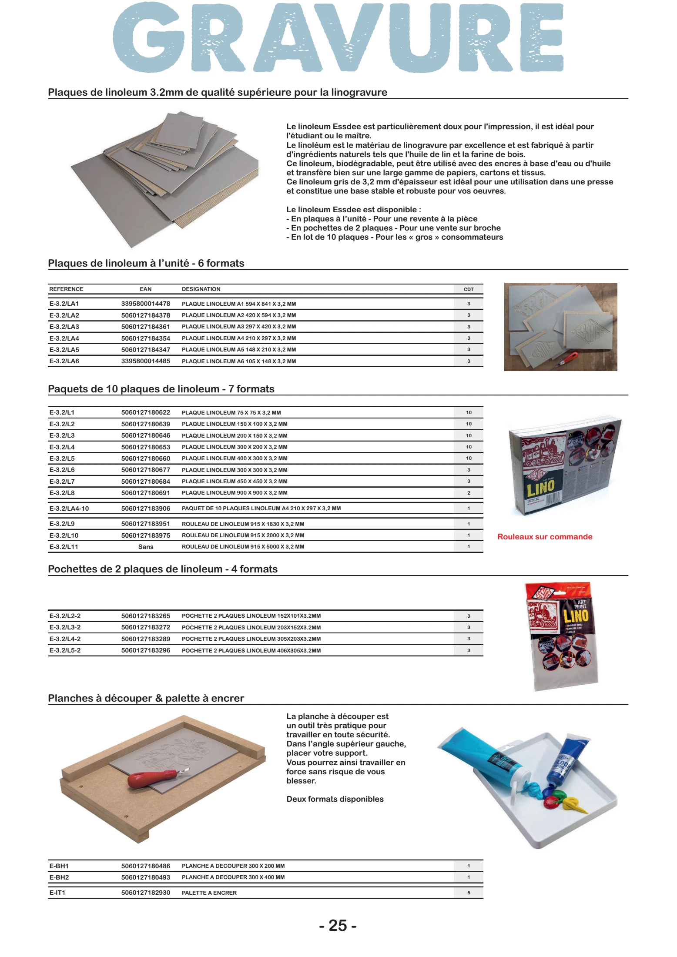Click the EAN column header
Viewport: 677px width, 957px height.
145,289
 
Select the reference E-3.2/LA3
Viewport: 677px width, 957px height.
64,327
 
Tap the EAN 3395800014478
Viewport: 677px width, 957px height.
145,304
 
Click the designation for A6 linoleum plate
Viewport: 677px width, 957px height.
238,361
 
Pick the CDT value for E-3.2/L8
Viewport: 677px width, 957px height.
469,493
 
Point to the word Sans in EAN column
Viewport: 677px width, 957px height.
146,547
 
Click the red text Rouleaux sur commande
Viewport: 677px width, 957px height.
545,537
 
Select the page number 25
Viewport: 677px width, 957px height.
338,925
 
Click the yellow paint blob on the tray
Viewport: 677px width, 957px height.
574,805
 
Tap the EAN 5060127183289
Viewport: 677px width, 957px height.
145,639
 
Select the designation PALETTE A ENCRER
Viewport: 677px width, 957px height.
209,893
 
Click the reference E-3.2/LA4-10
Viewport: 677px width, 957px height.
69,508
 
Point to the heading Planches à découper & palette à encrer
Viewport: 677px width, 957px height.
146,698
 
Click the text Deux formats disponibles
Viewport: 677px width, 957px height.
335,799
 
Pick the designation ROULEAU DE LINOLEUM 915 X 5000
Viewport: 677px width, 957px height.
243,547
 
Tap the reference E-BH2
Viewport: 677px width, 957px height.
59,877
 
